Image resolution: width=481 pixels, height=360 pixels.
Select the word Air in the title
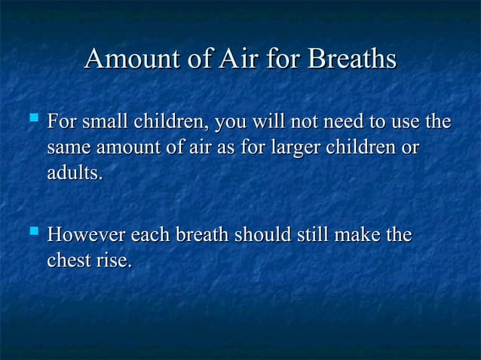point(237,59)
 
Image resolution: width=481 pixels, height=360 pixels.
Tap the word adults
point(74,173)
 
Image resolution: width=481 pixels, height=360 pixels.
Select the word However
point(86,236)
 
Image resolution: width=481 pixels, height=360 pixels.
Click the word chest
point(69,262)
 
